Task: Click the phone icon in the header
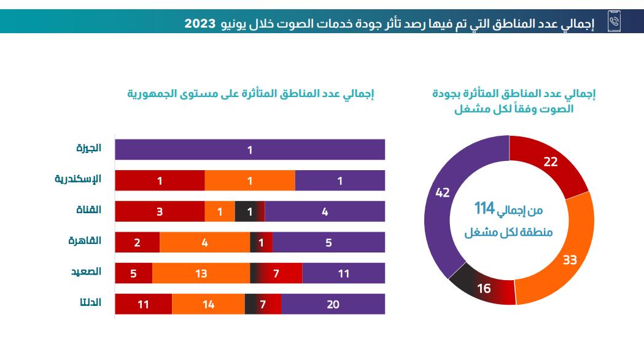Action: [x=614, y=22]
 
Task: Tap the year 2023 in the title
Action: [x=201, y=23]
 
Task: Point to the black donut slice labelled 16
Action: [x=483, y=287]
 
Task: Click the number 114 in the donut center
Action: [x=484, y=209]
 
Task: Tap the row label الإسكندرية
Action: [x=78, y=179]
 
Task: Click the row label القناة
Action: [x=88, y=209]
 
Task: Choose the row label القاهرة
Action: [x=85, y=240]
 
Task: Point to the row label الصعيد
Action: [x=86, y=271]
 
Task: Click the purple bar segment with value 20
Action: [x=333, y=304]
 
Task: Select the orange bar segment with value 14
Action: [x=208, y=304]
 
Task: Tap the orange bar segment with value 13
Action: [x=201, y=273]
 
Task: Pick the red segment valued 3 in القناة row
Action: [x=160, y=211]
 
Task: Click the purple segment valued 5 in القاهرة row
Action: [x=328, y=243]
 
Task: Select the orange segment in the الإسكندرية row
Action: [x=250, y=181]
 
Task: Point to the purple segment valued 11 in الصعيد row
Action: [x=344, y=273]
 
